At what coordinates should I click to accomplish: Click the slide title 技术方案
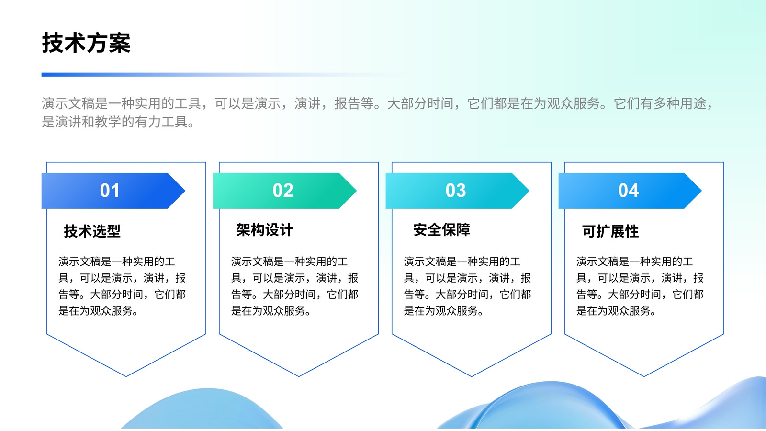tap(86, 43)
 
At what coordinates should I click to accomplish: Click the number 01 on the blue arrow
tap(110, 191)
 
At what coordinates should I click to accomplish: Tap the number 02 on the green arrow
tap(283, 191)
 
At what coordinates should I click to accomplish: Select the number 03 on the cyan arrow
tap(455, 191)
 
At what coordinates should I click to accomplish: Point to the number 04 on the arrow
tap(628, 191)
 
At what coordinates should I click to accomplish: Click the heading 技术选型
tap(92, 231)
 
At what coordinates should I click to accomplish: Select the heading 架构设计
tap(265, 230)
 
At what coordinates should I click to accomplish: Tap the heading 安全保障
tap(442, 230)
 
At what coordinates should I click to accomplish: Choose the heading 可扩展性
tap(610, 231)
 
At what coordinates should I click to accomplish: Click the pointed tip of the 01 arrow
tap(185, 191)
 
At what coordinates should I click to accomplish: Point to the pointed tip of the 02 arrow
tap(357, 191)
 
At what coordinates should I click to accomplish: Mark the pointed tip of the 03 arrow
tap(529, 191)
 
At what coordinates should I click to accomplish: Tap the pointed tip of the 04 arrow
tap(702, 191)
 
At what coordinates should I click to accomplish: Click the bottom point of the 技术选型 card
tap(126, 376)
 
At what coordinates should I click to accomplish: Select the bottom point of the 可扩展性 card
tap(644, 376)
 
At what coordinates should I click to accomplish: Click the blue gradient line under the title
tap(222, 75)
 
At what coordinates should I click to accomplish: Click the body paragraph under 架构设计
tap(295, 286)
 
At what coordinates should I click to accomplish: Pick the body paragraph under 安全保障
tap(467, 286)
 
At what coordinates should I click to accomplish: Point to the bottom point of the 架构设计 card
tap(299, 376)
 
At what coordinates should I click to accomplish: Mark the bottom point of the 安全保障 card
tap(472, 376)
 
